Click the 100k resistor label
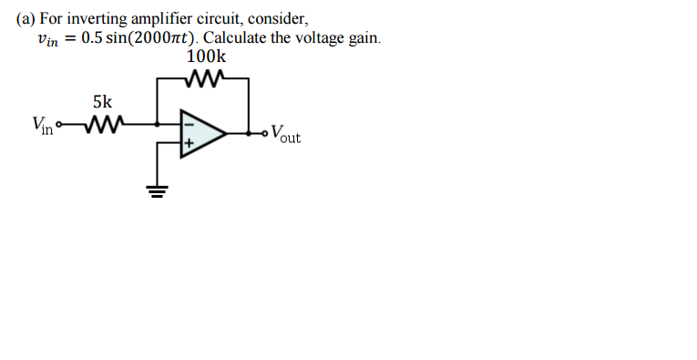coord(206,57)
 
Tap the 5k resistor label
coord(103,102)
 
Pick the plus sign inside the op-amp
coord(190,144)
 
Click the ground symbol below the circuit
coord(159,191)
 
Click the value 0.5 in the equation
coord(92,38)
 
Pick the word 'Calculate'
coord(237,38)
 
